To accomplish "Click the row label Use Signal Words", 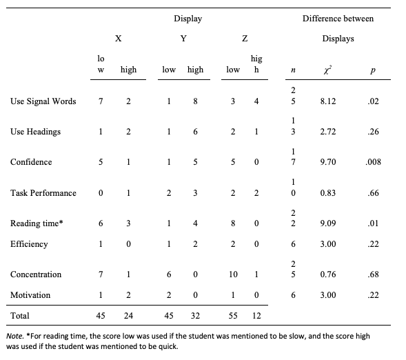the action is (43, 101).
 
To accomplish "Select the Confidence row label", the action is (31, 162).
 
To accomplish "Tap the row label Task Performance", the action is (43, 193).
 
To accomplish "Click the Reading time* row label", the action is (37, 223).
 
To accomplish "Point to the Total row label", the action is (20, 316).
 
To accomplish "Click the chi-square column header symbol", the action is (327, 70).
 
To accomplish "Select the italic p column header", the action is (373, 70).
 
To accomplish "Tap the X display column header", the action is (119, 39).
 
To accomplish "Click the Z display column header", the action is (245, 39).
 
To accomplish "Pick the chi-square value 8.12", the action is (328, 101).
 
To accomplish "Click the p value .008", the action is (373, 162).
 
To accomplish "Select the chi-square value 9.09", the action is (328, 223).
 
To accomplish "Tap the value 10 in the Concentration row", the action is (233, 274).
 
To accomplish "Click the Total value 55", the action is (233, 316).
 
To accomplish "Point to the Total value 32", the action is (195, 316).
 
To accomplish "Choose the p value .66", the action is (373, 193).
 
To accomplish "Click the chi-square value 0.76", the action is (328, 274).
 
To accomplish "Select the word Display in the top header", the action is (188, 19).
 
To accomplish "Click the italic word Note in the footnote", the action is (15, 336).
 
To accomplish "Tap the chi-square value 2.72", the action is (328, 132).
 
